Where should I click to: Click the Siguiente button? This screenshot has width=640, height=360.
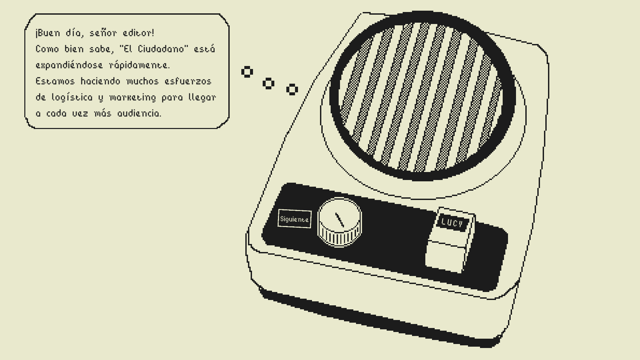point(294,219)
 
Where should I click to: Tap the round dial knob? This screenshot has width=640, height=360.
point(339,222)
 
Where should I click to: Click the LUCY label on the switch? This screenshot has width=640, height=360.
point(452,223)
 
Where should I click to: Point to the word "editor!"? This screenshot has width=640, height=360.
point(138,33)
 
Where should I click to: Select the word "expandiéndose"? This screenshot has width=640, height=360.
point(69,65)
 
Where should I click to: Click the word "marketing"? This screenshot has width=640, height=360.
point(133,97)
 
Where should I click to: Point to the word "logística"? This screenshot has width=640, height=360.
point(72,97)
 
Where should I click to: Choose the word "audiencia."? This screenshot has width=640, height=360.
point(139,113)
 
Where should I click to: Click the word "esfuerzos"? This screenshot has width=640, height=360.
point(188,81)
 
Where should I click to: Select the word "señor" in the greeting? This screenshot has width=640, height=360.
point(103,33)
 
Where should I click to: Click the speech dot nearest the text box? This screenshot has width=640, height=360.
point(247,72)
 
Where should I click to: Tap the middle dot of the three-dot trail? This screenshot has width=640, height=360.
point(268,83)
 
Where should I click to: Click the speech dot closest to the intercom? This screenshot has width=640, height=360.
point(292,89)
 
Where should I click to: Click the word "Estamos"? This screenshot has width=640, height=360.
point(55,81)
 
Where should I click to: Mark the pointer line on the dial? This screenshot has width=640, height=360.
point(340,220)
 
